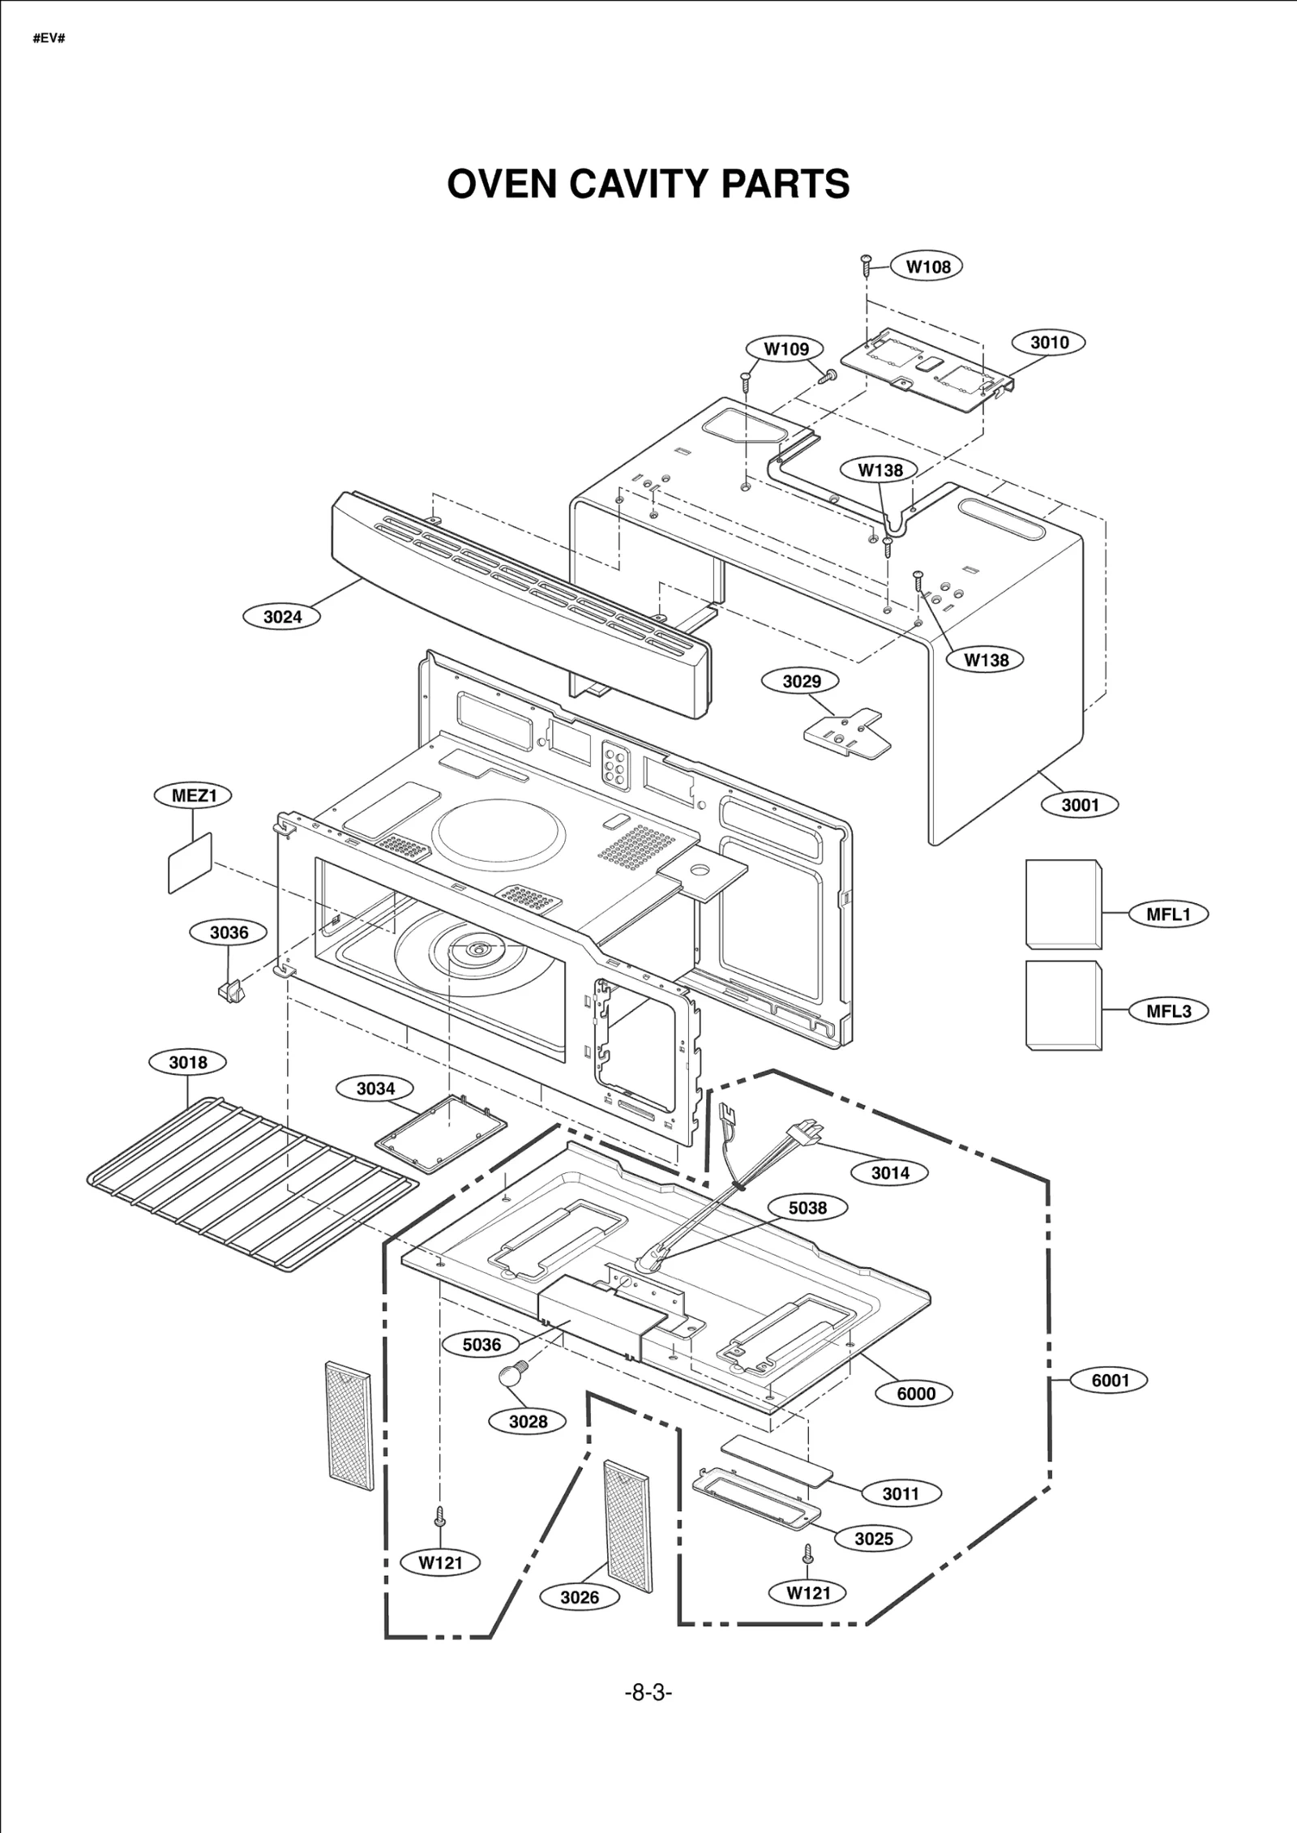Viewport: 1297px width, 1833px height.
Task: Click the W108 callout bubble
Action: point(927,267)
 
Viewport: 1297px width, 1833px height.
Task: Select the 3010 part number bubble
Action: point(1049,342)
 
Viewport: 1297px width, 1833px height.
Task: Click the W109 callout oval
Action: point(785,349)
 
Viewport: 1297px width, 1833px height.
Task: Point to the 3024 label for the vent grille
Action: point(282,617)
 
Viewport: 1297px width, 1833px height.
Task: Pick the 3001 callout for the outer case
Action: point(1080,805)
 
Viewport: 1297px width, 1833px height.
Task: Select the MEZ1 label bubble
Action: point(193,795)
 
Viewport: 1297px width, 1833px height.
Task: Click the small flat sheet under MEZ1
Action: point(190,863)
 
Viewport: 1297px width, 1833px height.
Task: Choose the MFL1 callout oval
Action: point(1168,914)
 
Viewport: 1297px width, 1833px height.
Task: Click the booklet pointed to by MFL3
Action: point(1063,1006)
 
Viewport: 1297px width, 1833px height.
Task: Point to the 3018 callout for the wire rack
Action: point(187,1062)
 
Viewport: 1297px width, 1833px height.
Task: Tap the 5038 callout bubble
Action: point(807,1208)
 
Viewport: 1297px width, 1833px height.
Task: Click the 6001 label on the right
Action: point(1109,1381)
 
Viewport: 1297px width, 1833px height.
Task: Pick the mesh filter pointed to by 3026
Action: point(628,1527)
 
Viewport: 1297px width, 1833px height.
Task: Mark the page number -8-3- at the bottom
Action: point(648,1693)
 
